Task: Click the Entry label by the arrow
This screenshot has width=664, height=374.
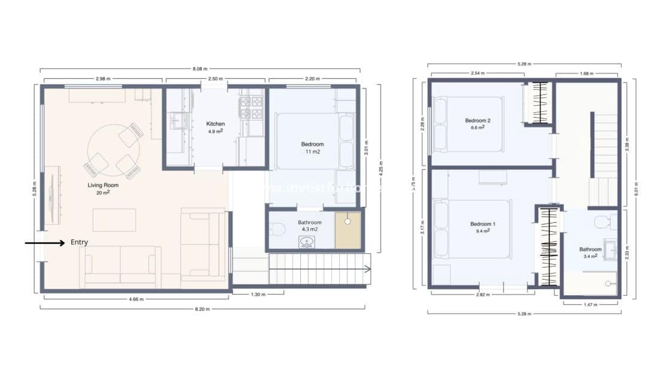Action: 79,242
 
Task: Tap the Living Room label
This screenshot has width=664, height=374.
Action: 103,185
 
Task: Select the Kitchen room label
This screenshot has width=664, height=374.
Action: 215,124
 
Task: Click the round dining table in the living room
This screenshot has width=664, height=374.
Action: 114,150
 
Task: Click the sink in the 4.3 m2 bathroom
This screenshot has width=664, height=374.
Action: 307,242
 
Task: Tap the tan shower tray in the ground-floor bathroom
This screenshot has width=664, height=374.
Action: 348,231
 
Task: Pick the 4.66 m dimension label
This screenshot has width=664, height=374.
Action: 136,299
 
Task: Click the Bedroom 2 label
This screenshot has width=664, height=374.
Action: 477,121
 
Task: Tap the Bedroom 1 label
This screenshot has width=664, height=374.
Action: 482,224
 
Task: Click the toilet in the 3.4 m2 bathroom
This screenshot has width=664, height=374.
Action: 601,222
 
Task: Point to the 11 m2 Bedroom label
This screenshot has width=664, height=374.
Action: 312,144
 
